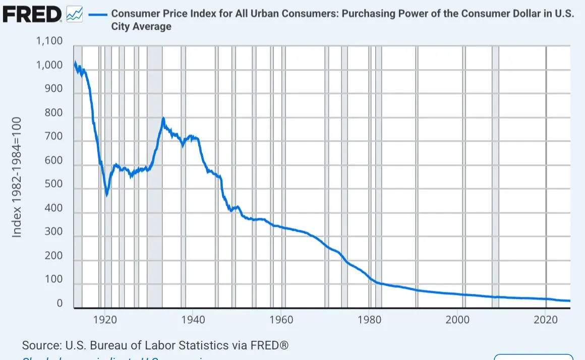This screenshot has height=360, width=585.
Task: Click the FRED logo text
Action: coord(31,15)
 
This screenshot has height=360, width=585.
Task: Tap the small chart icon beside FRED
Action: coord(75,15)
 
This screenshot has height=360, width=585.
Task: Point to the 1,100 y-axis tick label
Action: coord(49,41)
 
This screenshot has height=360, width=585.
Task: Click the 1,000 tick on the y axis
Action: coord(49,66)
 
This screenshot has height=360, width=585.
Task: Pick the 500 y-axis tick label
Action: coord(52,184)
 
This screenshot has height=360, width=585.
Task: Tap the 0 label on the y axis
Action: coord(60,304)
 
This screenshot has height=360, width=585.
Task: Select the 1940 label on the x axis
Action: coord(193,319)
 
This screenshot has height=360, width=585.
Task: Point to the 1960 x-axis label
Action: coord(281,319)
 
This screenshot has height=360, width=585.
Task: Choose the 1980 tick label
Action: coord(369,319)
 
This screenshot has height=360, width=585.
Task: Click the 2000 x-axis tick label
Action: coord(457,319)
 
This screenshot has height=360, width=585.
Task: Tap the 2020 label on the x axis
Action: coord(545,319)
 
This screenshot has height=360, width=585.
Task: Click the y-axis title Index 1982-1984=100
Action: coord(17,177)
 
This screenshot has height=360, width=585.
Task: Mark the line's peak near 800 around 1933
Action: coord(163,119)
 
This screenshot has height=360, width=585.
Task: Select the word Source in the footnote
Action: coord(41,346)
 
